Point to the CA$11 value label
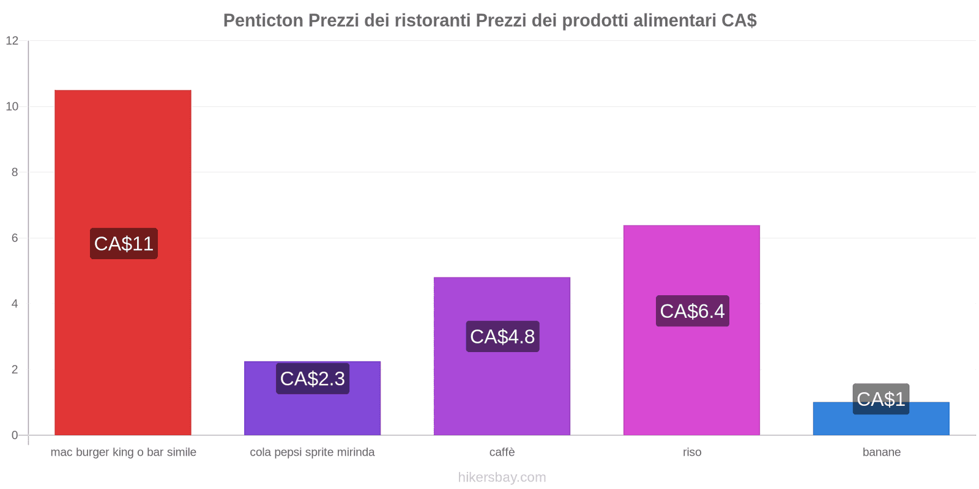(124, 244)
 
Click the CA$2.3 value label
(313, 379)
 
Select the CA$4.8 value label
(502, 337)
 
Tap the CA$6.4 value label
(692, 311)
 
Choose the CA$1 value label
(880, 399)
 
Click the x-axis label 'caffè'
(502, 452)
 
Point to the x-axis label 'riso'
(692, 452)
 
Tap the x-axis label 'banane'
(881, 452)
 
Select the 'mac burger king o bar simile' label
(124, 452)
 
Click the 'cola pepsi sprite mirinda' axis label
(312, 452)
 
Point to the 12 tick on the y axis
(12, 41)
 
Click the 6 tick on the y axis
(15, 238)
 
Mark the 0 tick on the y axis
(15, 435)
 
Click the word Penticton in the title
(263, 21)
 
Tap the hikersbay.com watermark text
(502, 477)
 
